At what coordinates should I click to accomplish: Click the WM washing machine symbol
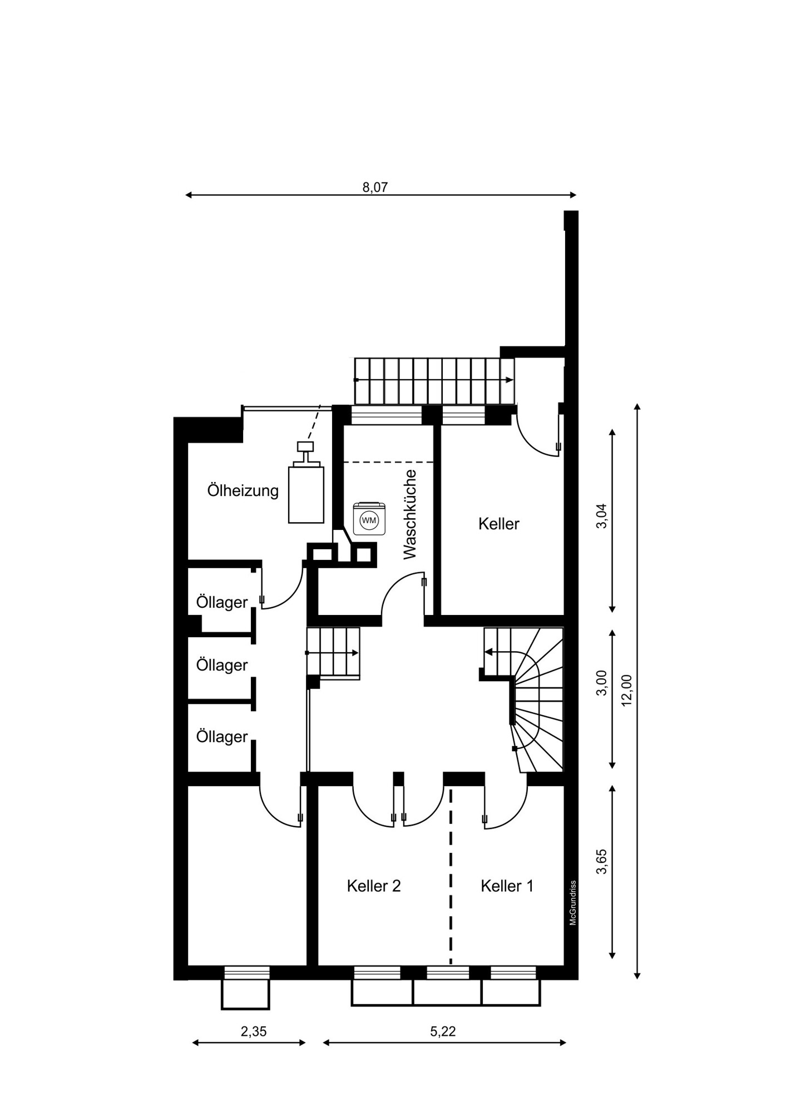pyautogui.click(x=369, y=519)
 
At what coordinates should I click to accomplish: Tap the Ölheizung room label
pyautogui.click(x=243, y=490)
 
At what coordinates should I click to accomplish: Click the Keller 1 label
pyautogui.click(x=507, y=886)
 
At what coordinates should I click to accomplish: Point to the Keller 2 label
pyautogui.click(x=374, y=886)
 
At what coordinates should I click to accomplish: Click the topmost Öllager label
pyautogui.click(x=221, y=602)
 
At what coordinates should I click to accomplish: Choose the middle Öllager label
pyautogui.click(x=221, y=665)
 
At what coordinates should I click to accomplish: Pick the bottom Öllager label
pyautogui.click(x=221, y=737)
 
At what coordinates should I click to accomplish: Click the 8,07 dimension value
pyautogui.click(x=375, y=187)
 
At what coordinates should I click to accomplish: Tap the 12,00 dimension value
pyautogui.click(x=627, y=690)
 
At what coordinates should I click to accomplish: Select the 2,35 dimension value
pyautogui.click(x=254, y=1031)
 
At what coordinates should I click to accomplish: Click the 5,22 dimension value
pyautogui.click(x=443, y=1031)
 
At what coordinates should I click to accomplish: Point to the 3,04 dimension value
pyautogui.click(x=601, y=515)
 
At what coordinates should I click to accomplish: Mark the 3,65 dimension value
pyautogui.click(x=601, y=861)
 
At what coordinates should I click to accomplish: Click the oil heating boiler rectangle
pyautogui.click(x=306, y=494)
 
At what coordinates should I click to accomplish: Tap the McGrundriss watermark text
pyautogui.click(x=572, y=903)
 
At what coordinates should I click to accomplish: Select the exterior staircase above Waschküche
pyautogui.click(x=434, y=381)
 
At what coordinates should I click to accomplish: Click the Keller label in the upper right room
pyautogui.click(x=499, y=524)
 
